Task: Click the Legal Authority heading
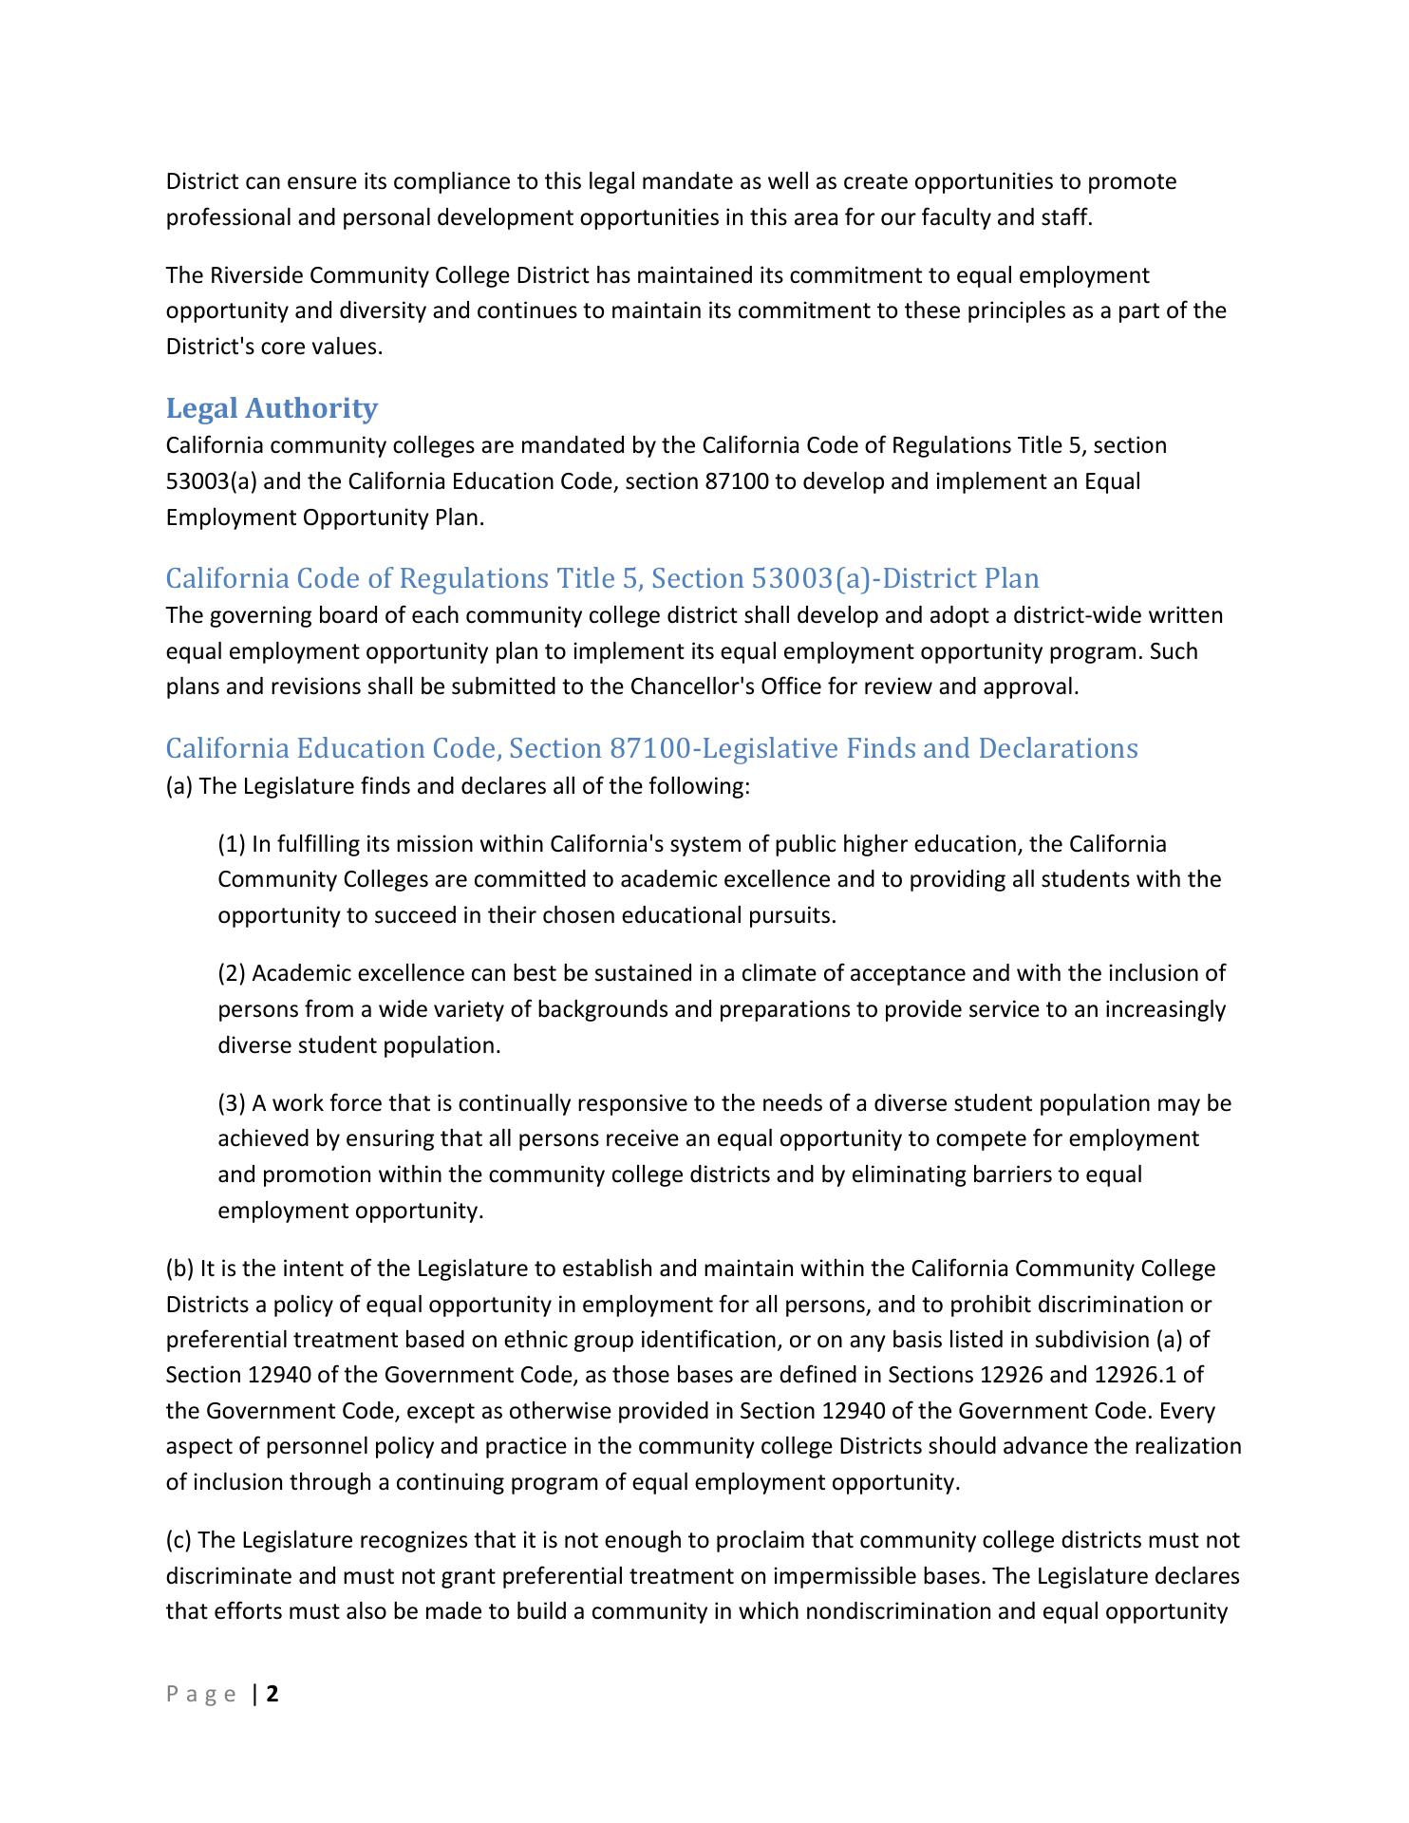pos(272,408)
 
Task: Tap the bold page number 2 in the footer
pos(272,1694)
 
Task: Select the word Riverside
pos(257,275)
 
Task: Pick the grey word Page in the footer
pos(201,1695)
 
